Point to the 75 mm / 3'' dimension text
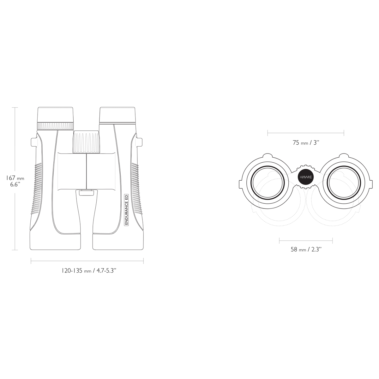click(x=306, y=142)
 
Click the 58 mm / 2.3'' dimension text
click(x=306, y=250)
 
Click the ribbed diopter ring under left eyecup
click(x=56, y=126)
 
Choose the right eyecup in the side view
click(x=117, y=115)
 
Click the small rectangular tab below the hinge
click(x=87, y=192)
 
